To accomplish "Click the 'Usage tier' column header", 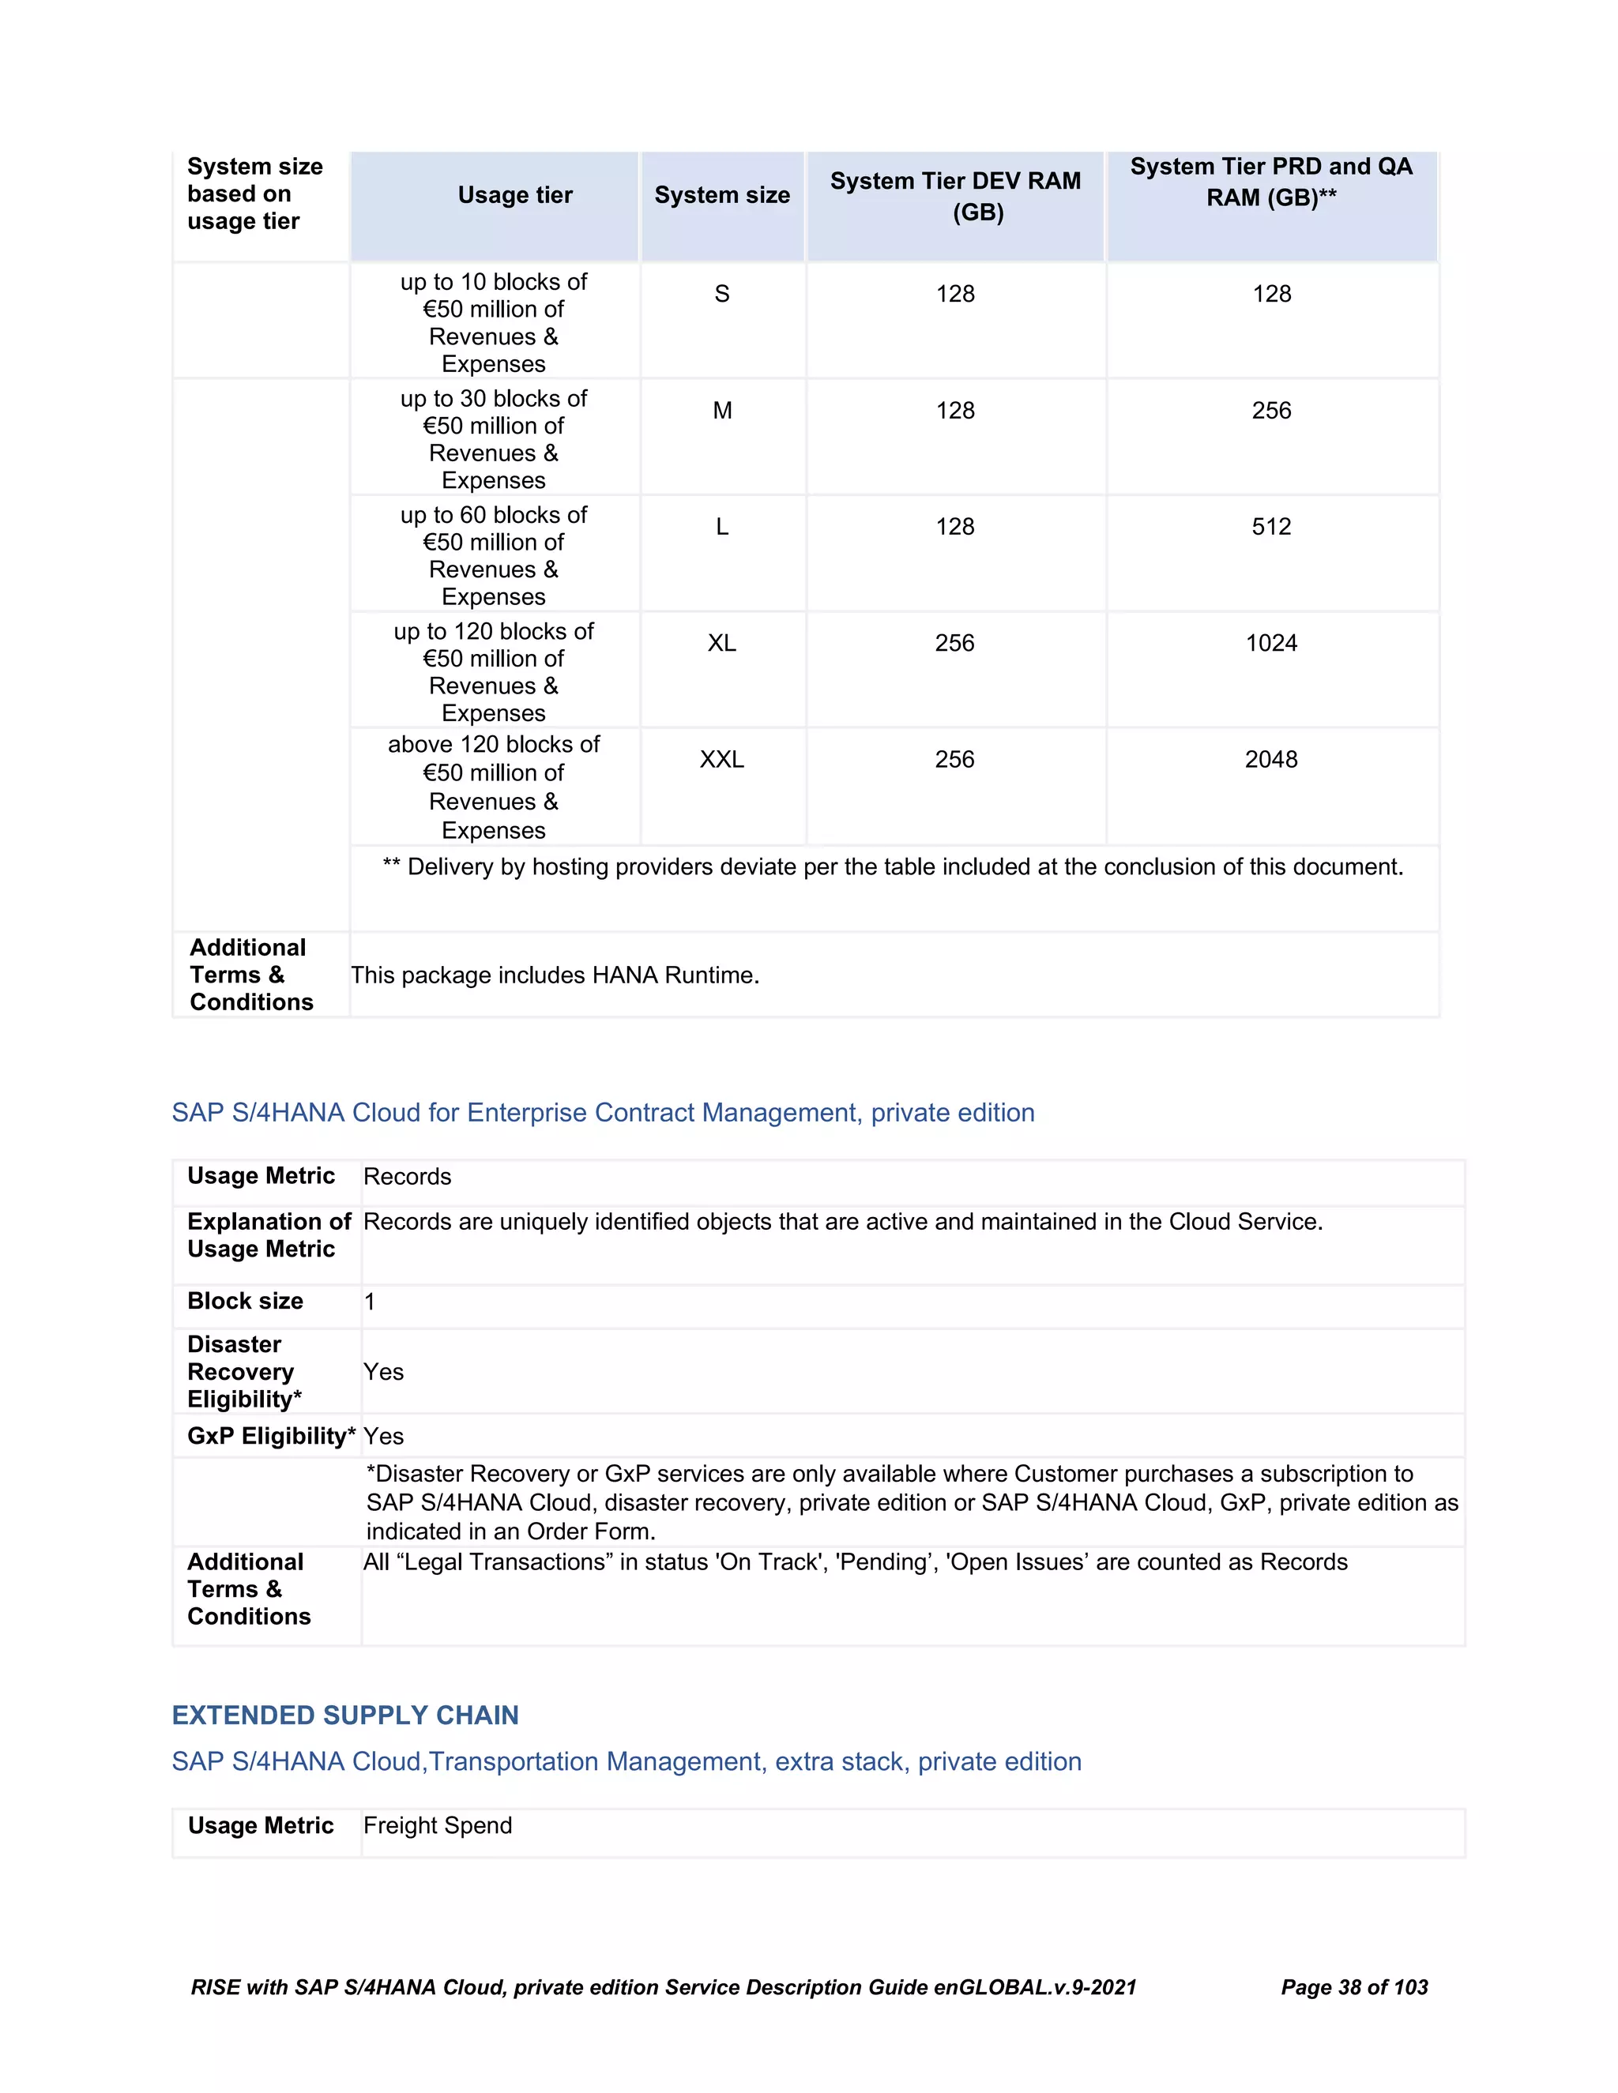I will [x=515, y=196].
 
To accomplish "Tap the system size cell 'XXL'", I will [x=722, y=759].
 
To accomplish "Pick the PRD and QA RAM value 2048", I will [x=1271, y=759].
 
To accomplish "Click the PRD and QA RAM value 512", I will [x=1271, y=526].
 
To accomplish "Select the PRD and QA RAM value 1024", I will [x=1271, y=643].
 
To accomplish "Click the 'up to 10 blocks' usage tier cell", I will [x=494, y=322].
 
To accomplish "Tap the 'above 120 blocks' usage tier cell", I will [x=494, y=787].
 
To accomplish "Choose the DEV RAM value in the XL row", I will [x=954, y=643].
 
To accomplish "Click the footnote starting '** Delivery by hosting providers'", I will [x=893, y=867].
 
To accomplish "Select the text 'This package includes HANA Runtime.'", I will [x=555, y=975].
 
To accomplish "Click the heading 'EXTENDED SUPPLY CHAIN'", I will [x=345, y=1715].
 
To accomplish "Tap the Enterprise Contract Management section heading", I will [x=603, y=1113].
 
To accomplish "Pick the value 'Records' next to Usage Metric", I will [x=408, y=1177].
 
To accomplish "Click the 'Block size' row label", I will [x=246, y=1302].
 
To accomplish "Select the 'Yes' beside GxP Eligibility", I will [x=383, y=1437].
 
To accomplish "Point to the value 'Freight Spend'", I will [x=438, y=1825].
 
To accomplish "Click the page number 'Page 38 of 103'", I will [x=1353, y=1988].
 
